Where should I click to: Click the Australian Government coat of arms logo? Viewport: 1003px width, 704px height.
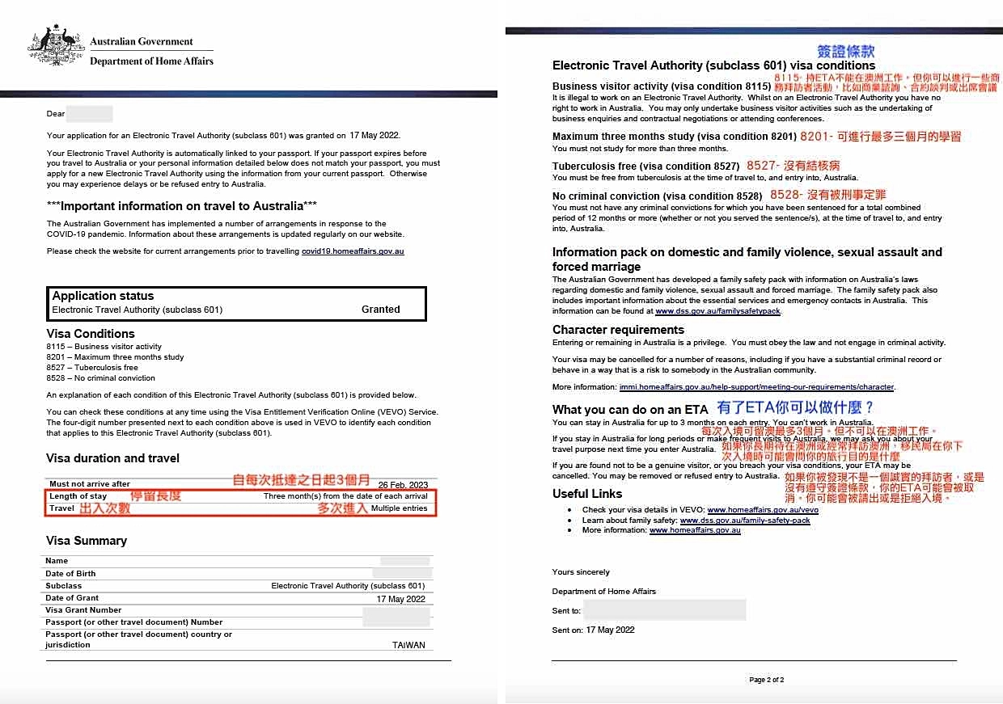(55, 47)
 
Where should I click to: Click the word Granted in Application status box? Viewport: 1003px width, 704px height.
(380, 309)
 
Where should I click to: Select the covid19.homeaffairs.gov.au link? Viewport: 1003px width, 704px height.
(353, 251)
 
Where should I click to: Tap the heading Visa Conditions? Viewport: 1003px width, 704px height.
(91, 333)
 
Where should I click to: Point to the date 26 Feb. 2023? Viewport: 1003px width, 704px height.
(403, 485)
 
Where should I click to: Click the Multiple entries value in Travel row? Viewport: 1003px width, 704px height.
(399, 508)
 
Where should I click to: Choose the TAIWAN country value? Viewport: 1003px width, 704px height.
(408, 645)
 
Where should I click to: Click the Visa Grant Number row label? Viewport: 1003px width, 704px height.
(83, 610)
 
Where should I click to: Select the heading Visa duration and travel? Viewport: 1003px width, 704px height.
(112, 458)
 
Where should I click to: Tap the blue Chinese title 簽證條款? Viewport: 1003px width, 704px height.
(845, 50)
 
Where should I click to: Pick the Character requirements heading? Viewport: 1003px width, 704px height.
(618, 329)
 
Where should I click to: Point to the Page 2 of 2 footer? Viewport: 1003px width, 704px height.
(766, 680)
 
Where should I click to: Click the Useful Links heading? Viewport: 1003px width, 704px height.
(587, 493)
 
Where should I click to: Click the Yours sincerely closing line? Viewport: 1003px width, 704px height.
(581, 572)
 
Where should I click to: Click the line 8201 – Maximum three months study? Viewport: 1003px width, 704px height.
(116, 356)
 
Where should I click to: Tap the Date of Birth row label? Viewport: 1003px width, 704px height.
(70, 573)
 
